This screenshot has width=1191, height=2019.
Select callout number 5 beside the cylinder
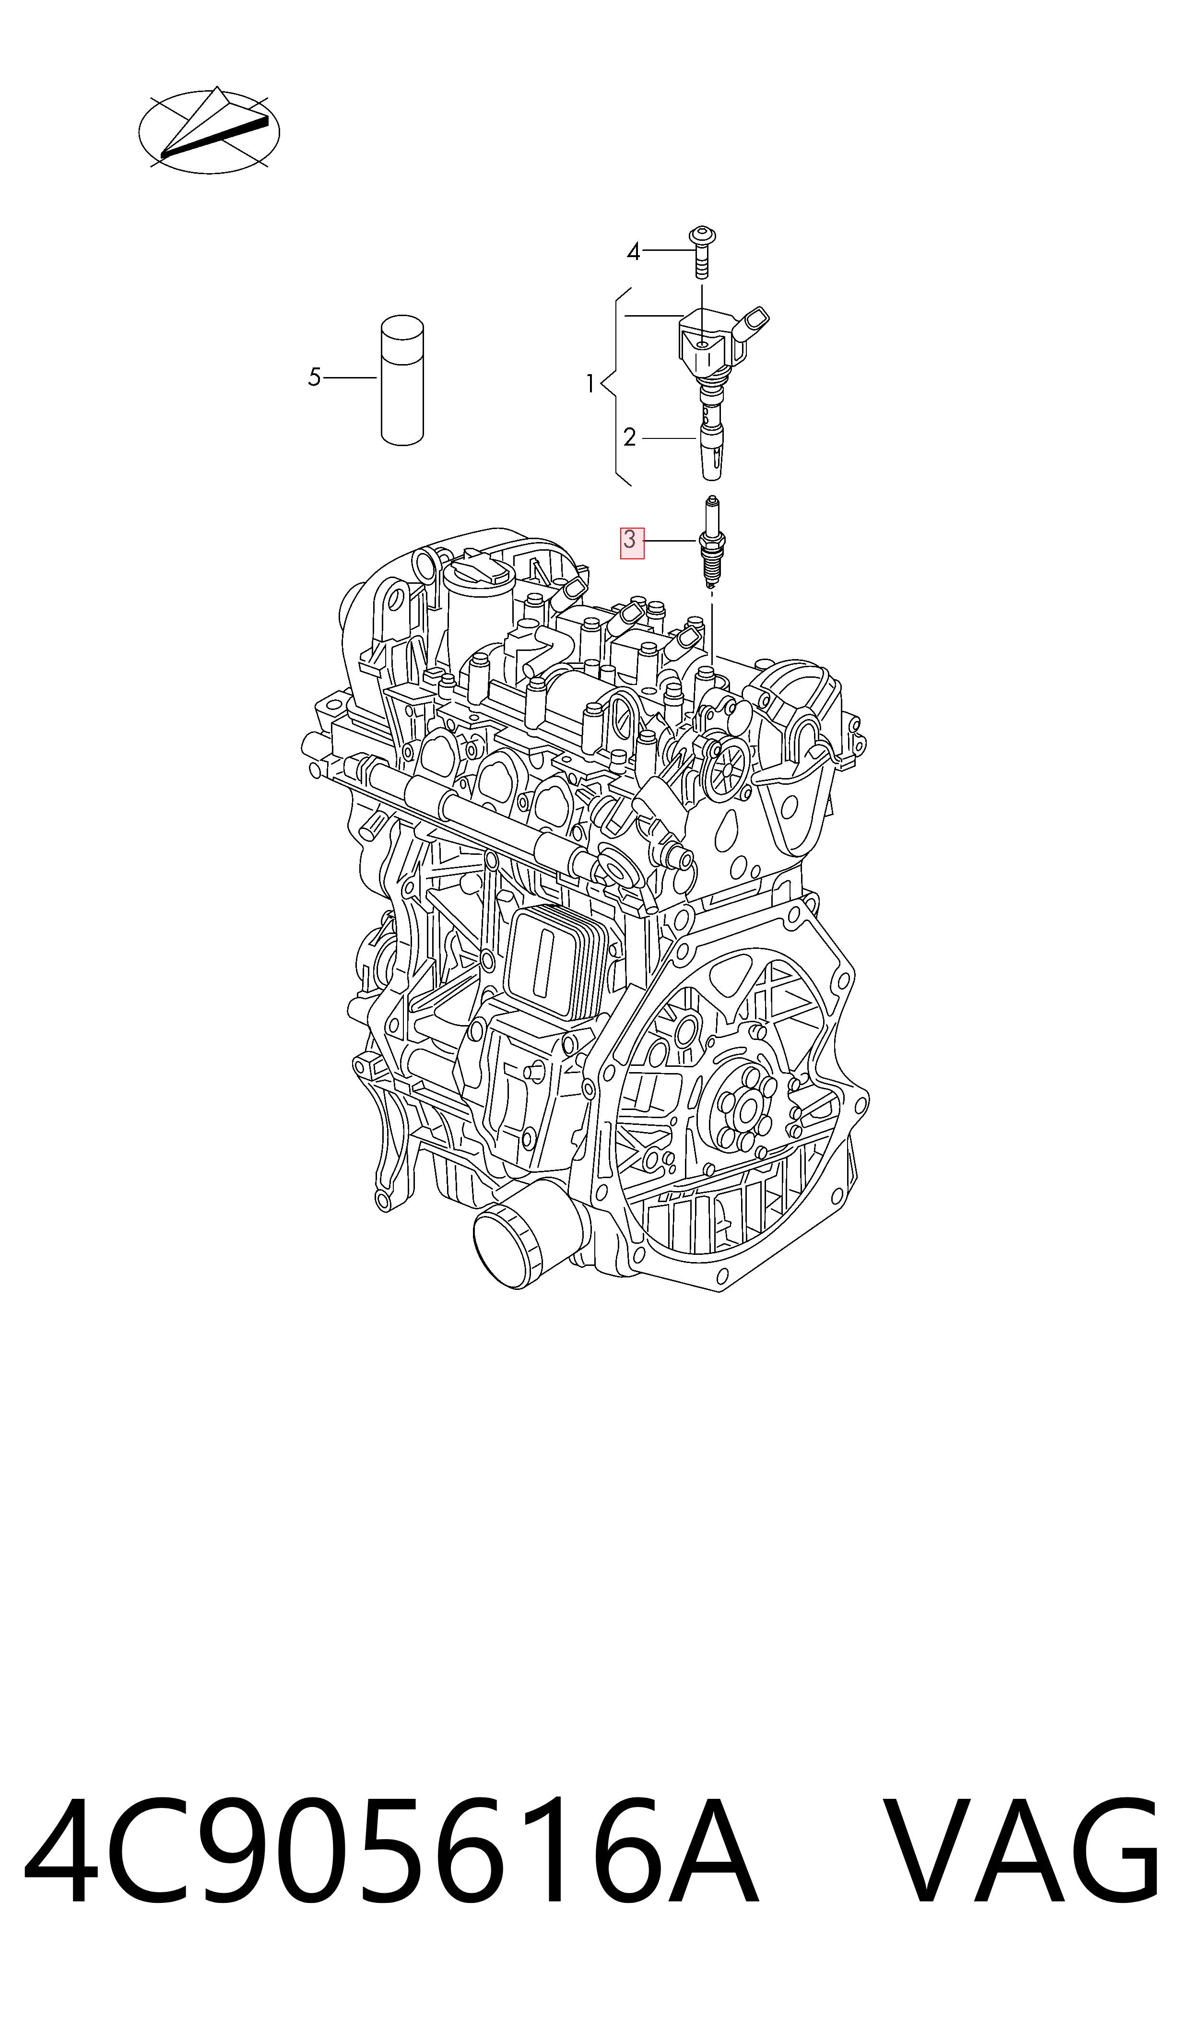click(x=315, y=377)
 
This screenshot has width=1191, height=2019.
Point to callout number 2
click(x=630, y=437)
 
